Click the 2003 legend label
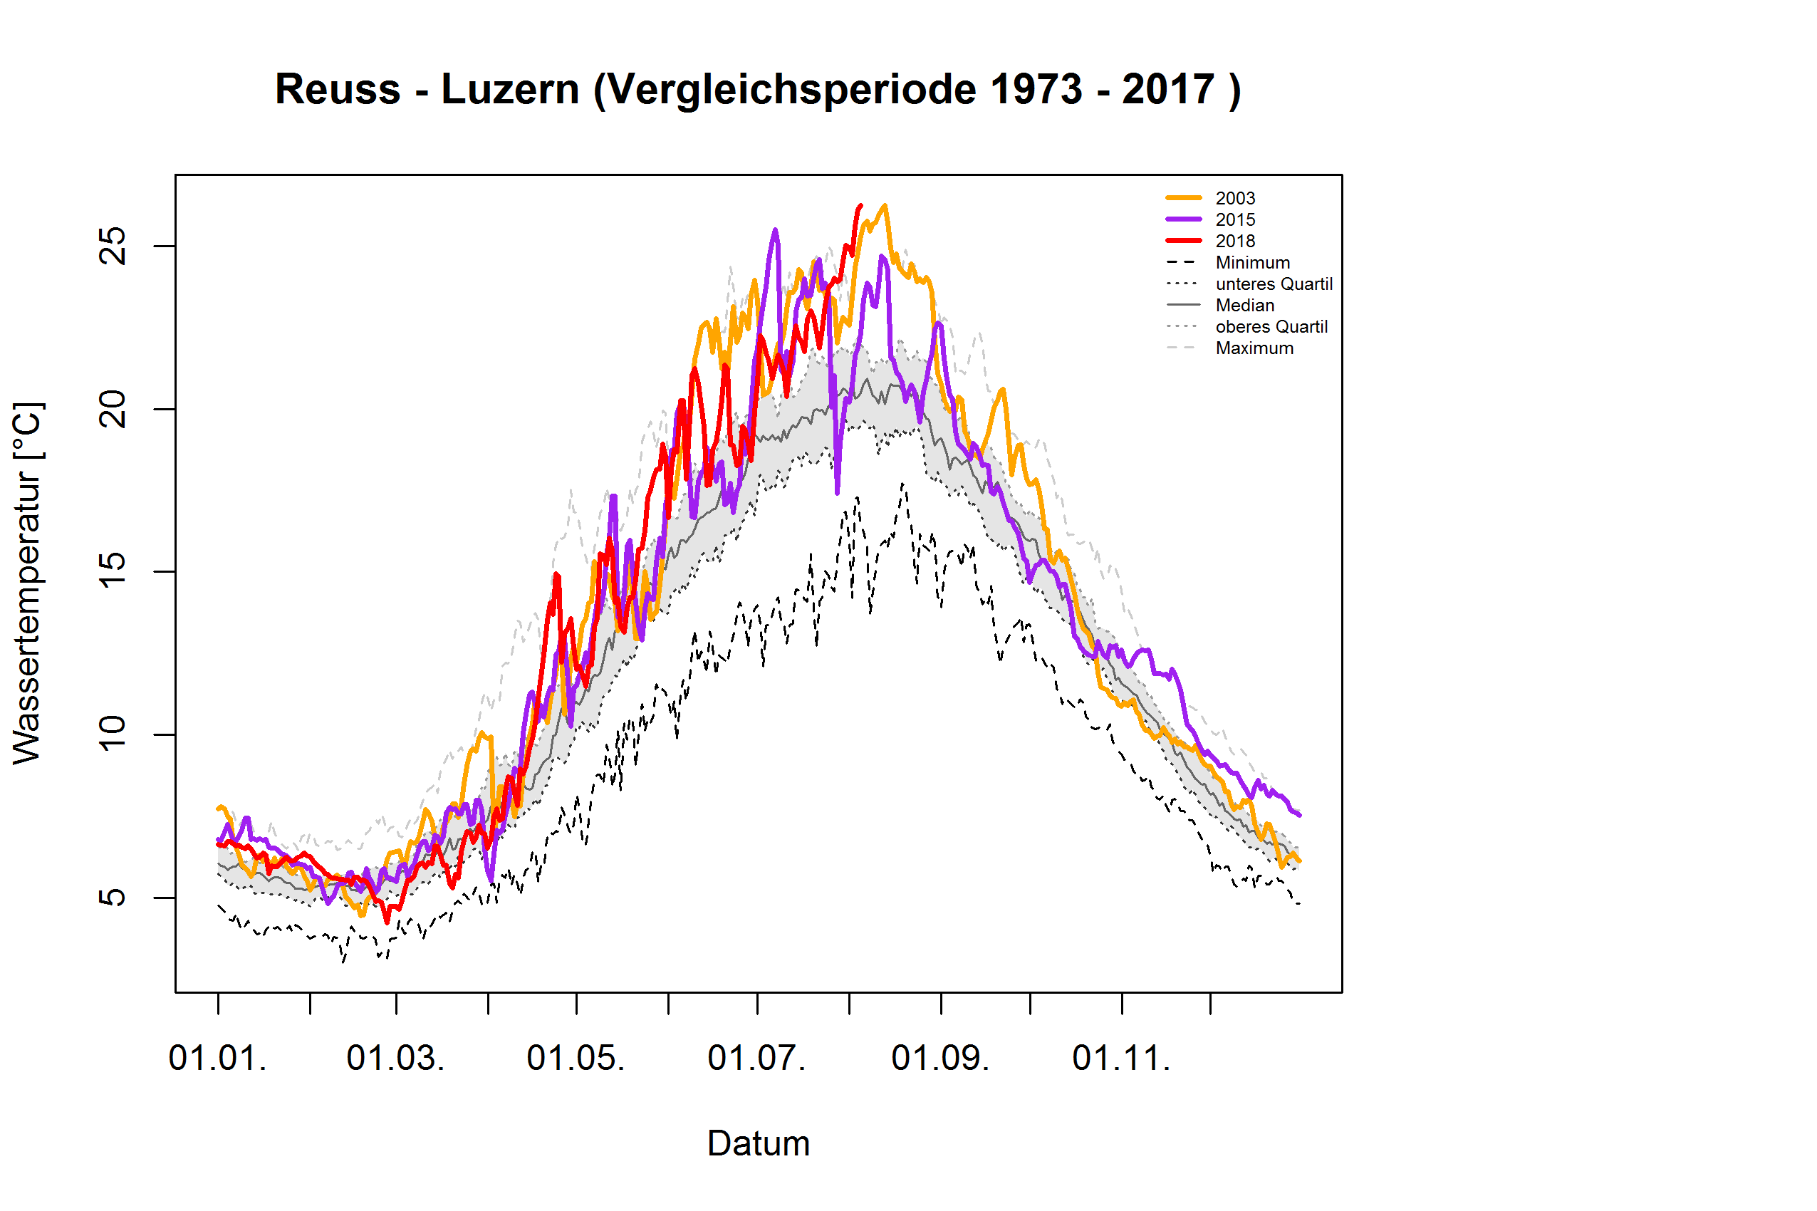pyautogui.click(x=1235, y=199)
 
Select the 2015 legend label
pyautogui.click(x=1235, y=220)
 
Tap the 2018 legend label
pyautogui.click(x=1235, y=241)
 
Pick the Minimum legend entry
pyautogui.click(x=1251, y=263)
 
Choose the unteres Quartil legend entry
pyautogui.click(x=1274, y=284)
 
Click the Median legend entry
pyautogui.click(x=1244, y=305)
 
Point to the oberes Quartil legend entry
pyautogui.click(x=1271, y=327)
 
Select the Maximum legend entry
pyautogui.click(x=1254, y=348)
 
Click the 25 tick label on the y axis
pyautogui.click(x=113, y=246)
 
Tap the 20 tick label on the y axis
pyautogui.click(x=113, y=410)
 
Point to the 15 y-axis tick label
pyautogui.click(x=113, y=571)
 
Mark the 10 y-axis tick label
pyautogui.click(x=113, y=734)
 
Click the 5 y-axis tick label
pyautogui.click(x=113, y=898)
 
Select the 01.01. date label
pyautogui.click(x=218, y=1058)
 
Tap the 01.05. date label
pyautogui.click(x=576, y=1058)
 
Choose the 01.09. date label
pyautogui.click(x=939, y=1058)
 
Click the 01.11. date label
pyautogui.click(x=1121, y=1058)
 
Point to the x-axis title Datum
pyautogui.click(x=759, y=1144)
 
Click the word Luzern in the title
pyautogui.click(x=511, y=90)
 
